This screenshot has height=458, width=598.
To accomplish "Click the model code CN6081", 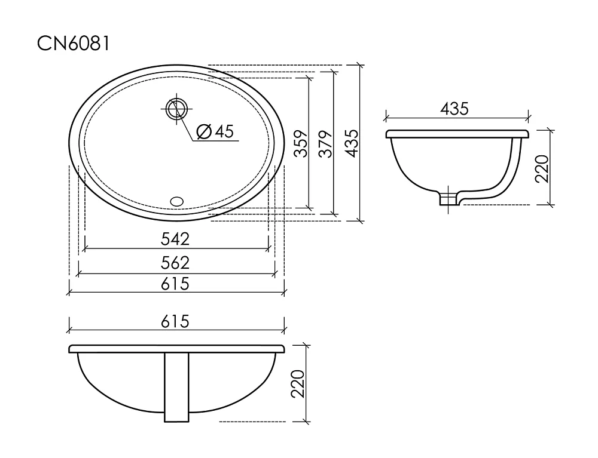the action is pos(74,44).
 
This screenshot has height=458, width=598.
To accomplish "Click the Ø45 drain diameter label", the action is pos(215,131).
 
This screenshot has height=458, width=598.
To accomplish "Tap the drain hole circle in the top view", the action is pos(176,109).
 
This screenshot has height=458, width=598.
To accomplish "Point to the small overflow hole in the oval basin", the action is pos(176,201).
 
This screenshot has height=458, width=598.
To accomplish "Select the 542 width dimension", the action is pos(175,239).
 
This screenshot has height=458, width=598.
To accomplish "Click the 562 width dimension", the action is pos(175,263).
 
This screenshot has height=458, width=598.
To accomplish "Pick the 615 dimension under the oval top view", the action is pos(175,284).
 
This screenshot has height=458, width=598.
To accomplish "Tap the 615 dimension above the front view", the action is pos(175,322).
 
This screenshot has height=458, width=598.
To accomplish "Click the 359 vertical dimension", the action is pos(301,143).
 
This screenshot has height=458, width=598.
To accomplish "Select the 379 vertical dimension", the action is pos(326,144).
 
